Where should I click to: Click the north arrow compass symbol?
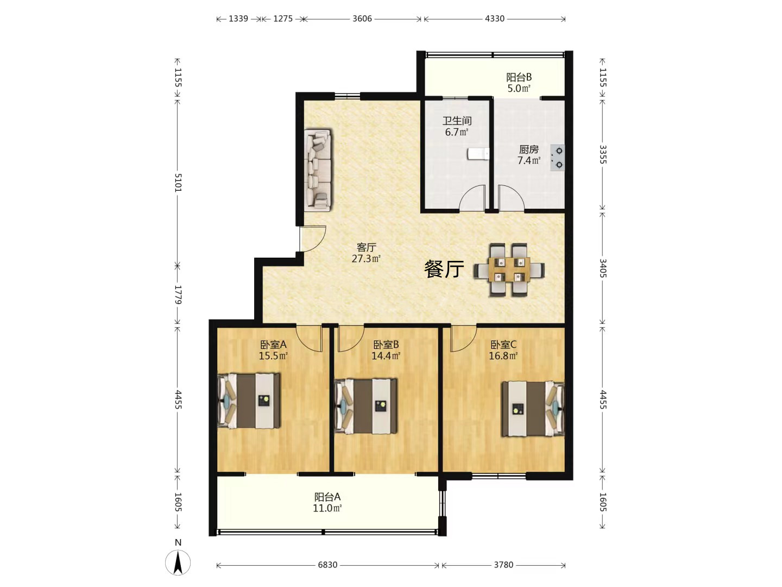pos(178,563)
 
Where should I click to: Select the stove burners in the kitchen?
pos(557,158)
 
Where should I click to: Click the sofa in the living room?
pos(318,170)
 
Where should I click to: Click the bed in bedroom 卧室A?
pos(249,401)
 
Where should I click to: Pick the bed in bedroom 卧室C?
pos(533,409)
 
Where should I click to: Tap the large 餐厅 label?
pos(444,269)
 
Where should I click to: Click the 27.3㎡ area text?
pos(366,259)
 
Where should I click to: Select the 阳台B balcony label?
pos(519,77)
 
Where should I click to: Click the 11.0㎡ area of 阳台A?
pos(327,508)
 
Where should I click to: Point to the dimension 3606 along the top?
pos(362,18)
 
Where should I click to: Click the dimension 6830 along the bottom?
pos(327,565)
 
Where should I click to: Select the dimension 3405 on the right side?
pos(602,268)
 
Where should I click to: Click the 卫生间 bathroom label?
pos(457,121)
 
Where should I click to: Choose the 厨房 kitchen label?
pos(529,149)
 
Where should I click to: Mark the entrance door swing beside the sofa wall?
pos(312,239)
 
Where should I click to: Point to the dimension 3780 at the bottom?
pos(503,565)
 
